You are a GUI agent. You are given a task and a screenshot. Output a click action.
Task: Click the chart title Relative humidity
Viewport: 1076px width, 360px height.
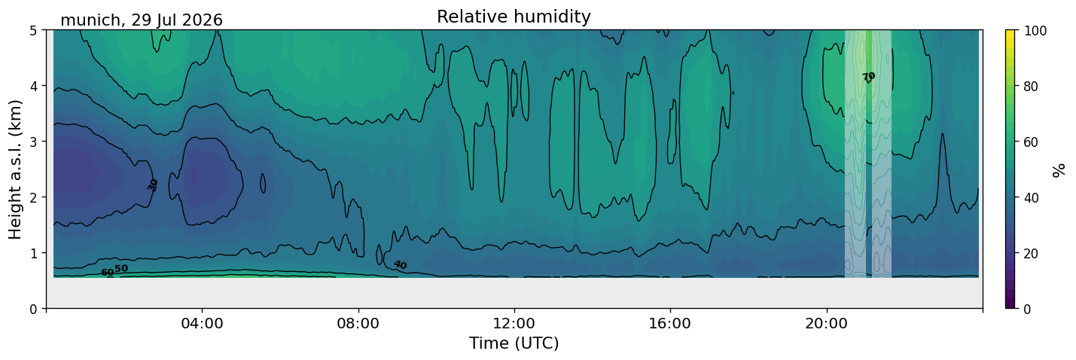click(514, 17)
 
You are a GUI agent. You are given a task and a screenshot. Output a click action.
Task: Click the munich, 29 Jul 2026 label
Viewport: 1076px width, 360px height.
click(142, 20)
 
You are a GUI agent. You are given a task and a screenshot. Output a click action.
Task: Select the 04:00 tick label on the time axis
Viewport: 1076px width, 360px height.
click(203, 323)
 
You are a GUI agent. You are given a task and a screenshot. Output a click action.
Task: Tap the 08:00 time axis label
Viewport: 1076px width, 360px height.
click(358, 323)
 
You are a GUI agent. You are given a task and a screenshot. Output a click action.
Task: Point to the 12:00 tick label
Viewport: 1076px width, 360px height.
click(514, 323)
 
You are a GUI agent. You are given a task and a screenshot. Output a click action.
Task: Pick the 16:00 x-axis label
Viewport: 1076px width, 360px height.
click(670, 323)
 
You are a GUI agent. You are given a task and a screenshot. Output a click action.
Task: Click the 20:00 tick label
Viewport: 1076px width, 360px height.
click(826, 323)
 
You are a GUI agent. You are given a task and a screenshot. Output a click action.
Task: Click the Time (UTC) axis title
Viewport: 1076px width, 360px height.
click(514, 343)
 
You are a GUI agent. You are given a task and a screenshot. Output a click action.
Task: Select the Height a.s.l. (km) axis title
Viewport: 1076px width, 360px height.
click(15, 169)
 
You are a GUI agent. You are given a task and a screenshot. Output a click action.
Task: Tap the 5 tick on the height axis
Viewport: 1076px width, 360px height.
click(33, 31)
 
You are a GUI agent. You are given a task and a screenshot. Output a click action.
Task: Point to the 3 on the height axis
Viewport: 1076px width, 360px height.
click(33, 142)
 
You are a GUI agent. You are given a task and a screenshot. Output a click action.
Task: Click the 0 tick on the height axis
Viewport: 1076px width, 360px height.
click(33, 309)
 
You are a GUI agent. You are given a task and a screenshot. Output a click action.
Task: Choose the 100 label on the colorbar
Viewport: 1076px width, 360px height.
click(1035, 31)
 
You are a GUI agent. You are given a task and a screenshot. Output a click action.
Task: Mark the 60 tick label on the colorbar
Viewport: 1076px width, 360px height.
click(1031, 142)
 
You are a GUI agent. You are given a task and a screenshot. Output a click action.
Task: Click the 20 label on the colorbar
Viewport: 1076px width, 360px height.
click(1031, 253)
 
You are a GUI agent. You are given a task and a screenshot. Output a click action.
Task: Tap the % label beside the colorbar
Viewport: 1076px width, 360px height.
click(1058, 169)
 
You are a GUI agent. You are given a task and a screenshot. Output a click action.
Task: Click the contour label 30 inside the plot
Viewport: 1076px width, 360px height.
click(153, 185)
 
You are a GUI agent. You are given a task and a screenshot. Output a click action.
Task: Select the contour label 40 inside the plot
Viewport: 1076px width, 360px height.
click(400, 265)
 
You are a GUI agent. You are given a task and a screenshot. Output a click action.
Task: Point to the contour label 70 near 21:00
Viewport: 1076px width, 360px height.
click(868, 77)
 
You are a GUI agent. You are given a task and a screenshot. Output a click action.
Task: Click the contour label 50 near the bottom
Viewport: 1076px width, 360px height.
click(121, 269)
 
